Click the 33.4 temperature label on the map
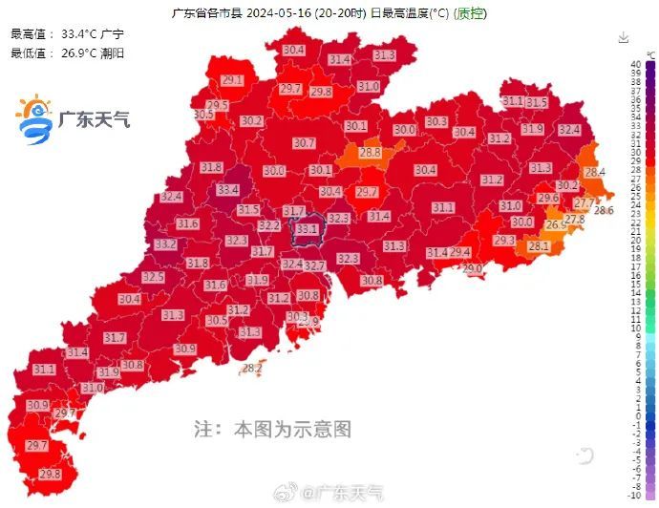[227, 190]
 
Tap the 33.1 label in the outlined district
[307, 229]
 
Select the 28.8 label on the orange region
[370, 152]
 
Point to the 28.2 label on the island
[252, 368]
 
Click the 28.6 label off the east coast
[604, 210]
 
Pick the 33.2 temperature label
[165, 244]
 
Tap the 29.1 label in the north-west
[232, 80]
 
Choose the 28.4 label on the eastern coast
[595, 172]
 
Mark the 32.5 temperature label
[153, 277]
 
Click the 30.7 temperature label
[304, 143]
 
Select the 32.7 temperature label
[315, 265]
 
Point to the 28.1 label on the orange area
[539, 246]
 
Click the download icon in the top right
[624, 37]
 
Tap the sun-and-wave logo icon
[35, 119]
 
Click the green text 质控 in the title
[469, 13]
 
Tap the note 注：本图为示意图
[272, 429]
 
